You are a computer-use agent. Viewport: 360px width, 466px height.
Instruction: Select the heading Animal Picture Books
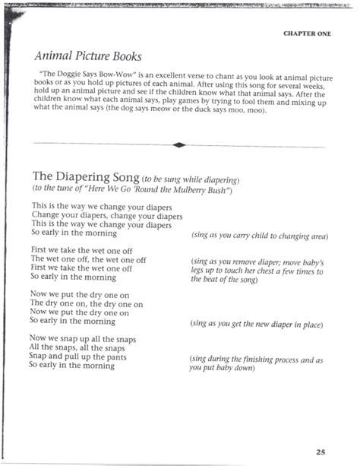(87, 57)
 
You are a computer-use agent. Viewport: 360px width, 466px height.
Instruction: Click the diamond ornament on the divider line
(179, 144)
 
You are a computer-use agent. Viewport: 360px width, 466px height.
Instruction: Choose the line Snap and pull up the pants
(77, 357)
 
